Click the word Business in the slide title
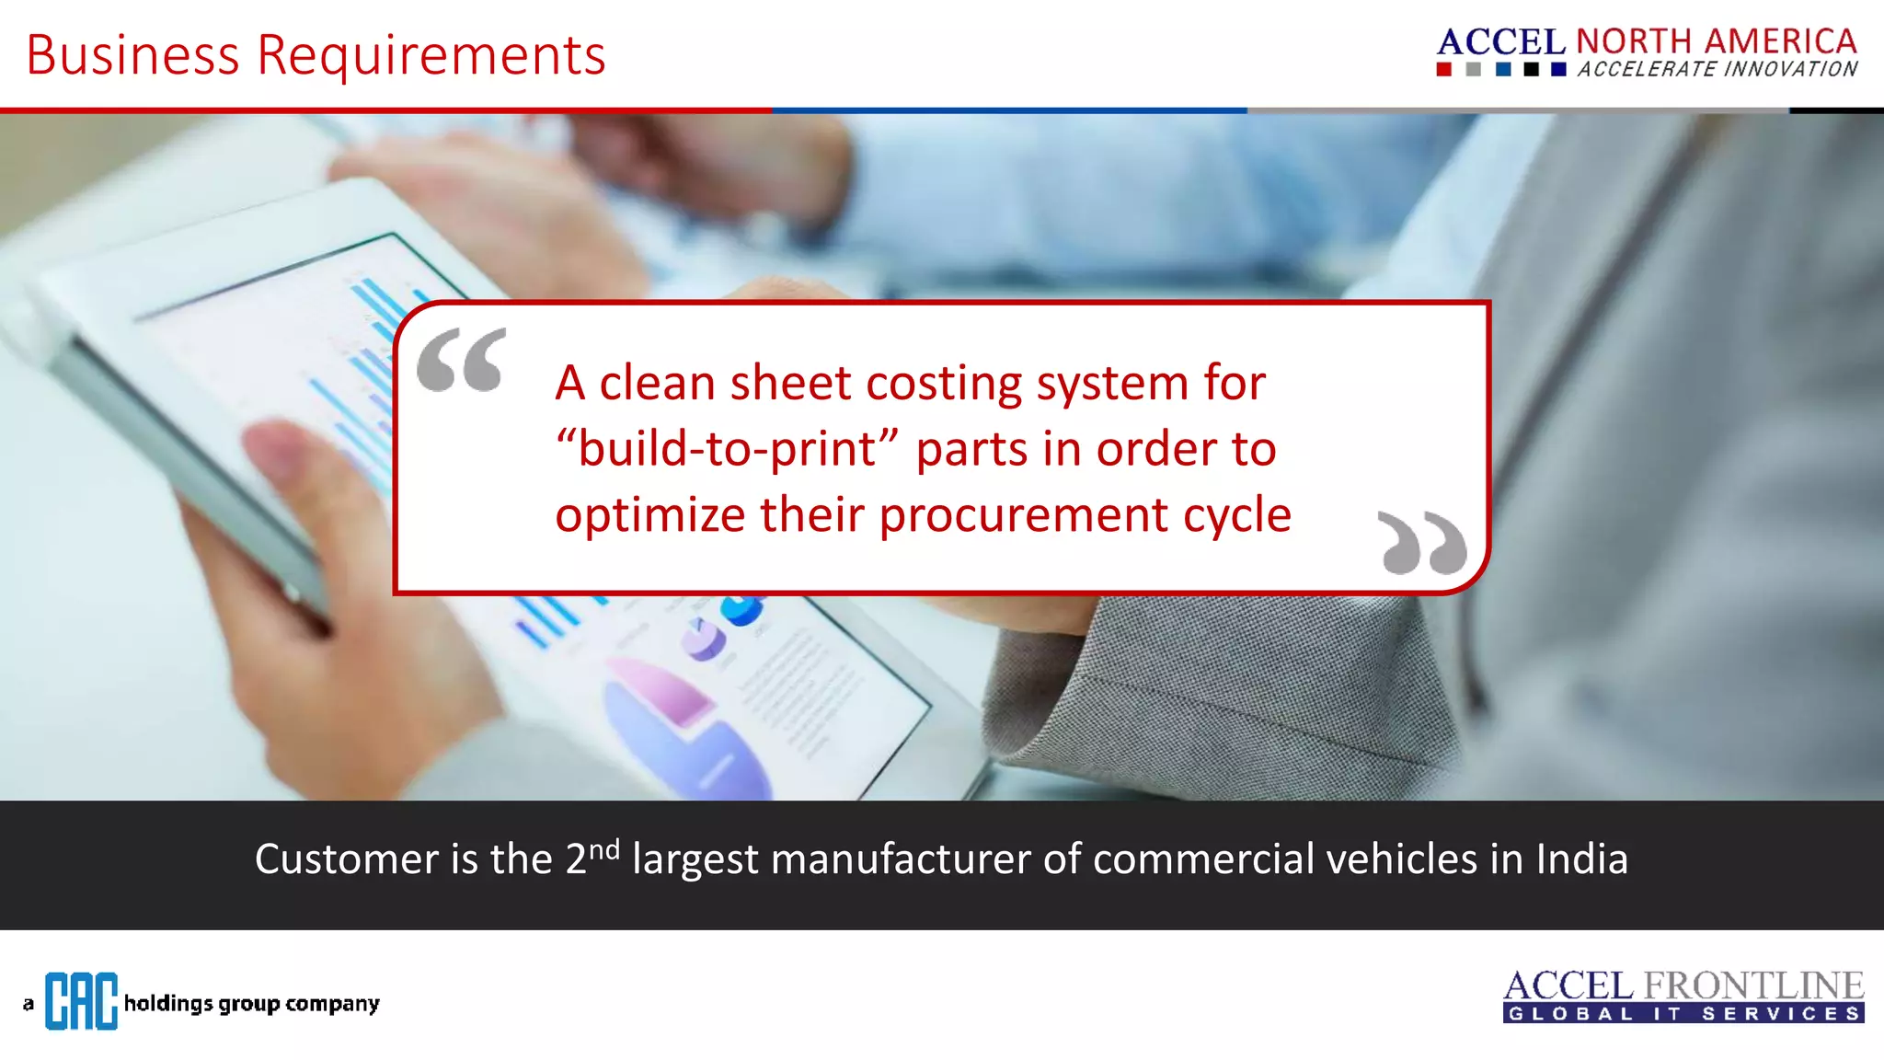click(x=132, y=55)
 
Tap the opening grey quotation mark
click(x=462, y=360)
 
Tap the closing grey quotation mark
click(x=1422, y=543)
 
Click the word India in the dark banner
click(x=1581, y=859)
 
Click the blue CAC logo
click(x=81, y=1001)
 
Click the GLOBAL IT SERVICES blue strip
click(x=1683, y=1014)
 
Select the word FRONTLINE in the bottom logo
click(x=1753, y=985)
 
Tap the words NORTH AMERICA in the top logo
click(x=1717, y=41)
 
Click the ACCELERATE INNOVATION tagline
click(x=1717, y=70)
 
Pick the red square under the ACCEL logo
click(x=1444, y=70)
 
